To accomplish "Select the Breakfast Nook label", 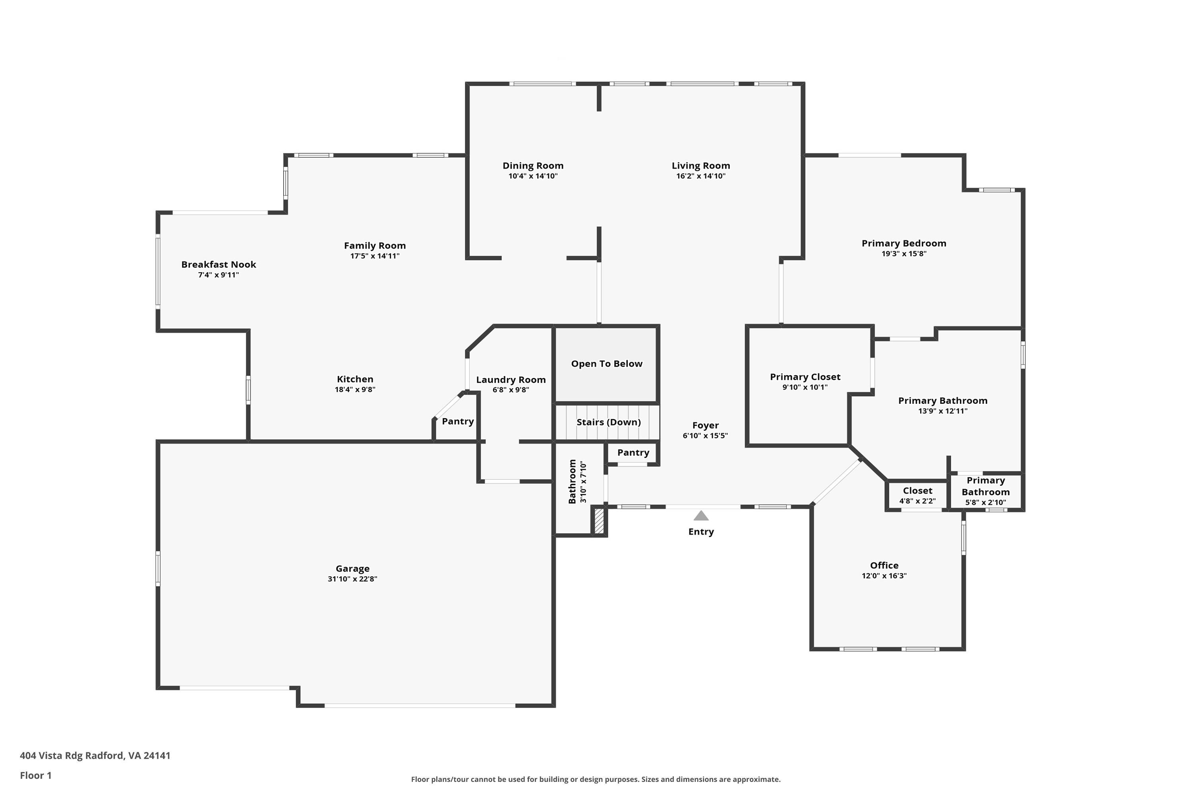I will click(x=219, y=265).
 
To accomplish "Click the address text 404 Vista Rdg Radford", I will click(x=95, y=756).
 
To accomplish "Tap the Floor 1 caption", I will click(x=35, y=775).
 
